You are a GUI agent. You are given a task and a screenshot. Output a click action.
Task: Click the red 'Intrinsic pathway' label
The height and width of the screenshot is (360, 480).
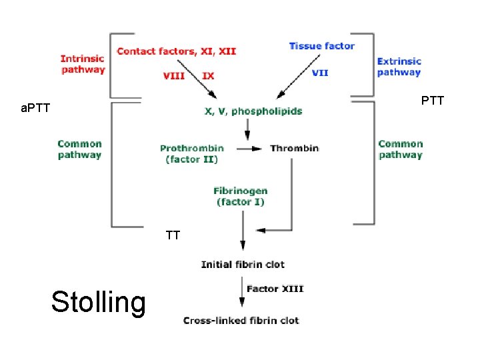(83, 63)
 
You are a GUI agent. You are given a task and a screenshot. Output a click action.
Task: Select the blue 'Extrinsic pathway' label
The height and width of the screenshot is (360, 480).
(399, 67)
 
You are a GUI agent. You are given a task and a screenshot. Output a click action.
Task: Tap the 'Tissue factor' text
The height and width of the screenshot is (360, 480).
(321, 46)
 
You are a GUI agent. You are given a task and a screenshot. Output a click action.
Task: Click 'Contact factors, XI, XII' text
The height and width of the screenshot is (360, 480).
(176, 51)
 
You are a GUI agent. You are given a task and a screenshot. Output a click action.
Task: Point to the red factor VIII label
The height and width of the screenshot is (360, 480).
(173, 75)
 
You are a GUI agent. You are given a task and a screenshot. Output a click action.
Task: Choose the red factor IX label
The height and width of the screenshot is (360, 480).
(208, 75)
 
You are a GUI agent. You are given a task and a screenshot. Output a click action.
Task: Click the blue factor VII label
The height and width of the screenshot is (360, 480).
(320, 73)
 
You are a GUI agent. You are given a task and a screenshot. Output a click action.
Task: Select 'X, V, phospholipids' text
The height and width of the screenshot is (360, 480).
(253, 111)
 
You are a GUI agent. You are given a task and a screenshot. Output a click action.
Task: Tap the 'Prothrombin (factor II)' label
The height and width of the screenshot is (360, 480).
(192, 153)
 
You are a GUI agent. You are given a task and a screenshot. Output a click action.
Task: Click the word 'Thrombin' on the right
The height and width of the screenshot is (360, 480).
(294, 148)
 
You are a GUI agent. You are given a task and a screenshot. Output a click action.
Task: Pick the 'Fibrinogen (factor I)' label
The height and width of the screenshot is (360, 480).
(241, 196)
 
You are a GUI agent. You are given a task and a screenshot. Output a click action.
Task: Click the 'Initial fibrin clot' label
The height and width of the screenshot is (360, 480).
(243, 265)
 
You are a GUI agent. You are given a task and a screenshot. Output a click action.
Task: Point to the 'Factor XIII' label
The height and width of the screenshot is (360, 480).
(275, 289)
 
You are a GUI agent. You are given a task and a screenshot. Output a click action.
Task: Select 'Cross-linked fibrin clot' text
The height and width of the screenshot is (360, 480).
(241, 320)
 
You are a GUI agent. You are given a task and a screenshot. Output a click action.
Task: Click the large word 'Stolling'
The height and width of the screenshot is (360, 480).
(98, 302)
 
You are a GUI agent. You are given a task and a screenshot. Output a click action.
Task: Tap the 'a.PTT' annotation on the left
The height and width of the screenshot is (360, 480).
(35, 108)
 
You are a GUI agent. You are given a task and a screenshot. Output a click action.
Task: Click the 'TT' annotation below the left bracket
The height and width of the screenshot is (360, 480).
(173, 235)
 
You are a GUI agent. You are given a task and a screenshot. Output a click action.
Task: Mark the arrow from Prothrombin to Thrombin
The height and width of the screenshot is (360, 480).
(247, 148)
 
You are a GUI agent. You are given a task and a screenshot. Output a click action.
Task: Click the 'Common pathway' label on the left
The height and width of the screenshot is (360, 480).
(80, 149)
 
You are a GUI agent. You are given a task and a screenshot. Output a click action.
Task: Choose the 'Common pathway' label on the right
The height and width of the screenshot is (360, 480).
(400, 149)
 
